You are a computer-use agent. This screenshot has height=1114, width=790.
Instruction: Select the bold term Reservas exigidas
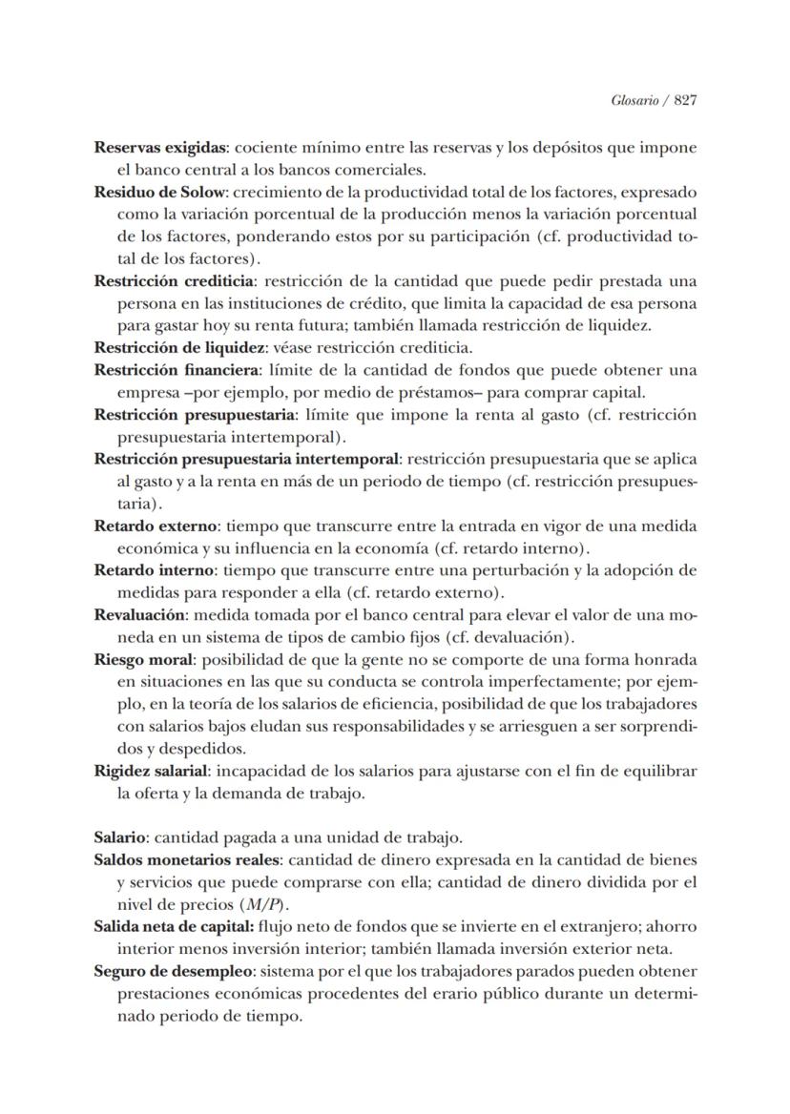point(160,149)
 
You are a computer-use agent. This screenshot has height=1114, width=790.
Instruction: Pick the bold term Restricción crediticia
point(174,281)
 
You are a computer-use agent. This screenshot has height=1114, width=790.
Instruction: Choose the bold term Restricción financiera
point(177,370)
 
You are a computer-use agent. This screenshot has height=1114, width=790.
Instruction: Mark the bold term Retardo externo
point(156,526)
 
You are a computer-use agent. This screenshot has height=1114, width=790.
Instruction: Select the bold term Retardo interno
point(156,570)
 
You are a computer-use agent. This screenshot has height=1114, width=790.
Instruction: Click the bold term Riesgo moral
point(143,659)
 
